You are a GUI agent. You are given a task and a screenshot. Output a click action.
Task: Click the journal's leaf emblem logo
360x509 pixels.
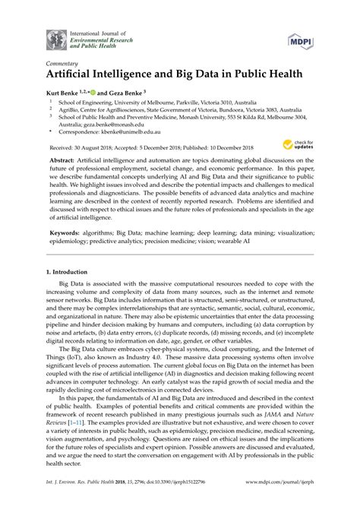[56, 38]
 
